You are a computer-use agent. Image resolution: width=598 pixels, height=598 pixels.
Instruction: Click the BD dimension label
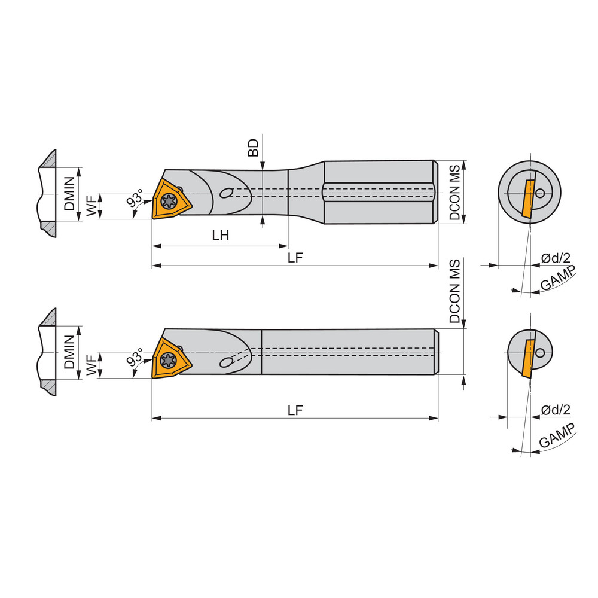[254, 148]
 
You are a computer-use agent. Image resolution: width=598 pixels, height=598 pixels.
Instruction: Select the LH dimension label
[221, 235]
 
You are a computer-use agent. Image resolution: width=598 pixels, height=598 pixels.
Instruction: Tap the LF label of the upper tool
[295, 257]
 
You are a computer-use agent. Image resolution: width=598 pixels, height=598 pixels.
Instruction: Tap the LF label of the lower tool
[295, 410]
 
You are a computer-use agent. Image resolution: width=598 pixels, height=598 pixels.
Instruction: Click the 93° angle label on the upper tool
[135, 198]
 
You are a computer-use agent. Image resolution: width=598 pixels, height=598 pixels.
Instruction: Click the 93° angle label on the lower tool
[135, 358]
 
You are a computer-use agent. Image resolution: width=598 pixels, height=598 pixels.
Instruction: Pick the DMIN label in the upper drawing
[70, 194]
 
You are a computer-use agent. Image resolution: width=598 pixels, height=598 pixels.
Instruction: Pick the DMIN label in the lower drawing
[70, 352]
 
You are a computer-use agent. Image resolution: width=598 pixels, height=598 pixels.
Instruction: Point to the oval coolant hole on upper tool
[227, 193]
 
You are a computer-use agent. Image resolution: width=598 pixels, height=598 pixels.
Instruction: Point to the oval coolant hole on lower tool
[226, 362]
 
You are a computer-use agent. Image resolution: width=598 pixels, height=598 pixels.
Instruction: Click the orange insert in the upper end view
[527, 198]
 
